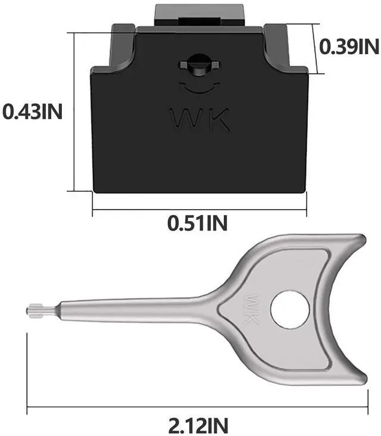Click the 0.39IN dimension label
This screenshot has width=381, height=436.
click(x=349, y=46)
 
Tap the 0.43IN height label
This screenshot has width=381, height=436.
click(x=32, y=112)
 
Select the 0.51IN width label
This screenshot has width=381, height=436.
click(x=197, y=223)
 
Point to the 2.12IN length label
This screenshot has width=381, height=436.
click(x=198, y=425)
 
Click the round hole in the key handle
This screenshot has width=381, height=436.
click(x=290, y=309)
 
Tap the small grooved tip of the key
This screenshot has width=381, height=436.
click(x=35, y=309)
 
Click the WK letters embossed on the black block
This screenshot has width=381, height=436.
click(x=200, y=120)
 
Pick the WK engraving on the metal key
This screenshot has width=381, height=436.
click(x=251, y=309)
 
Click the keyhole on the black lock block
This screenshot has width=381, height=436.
click(x=198, y=65)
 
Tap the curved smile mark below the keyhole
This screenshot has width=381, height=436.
click(x=199, y=88)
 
